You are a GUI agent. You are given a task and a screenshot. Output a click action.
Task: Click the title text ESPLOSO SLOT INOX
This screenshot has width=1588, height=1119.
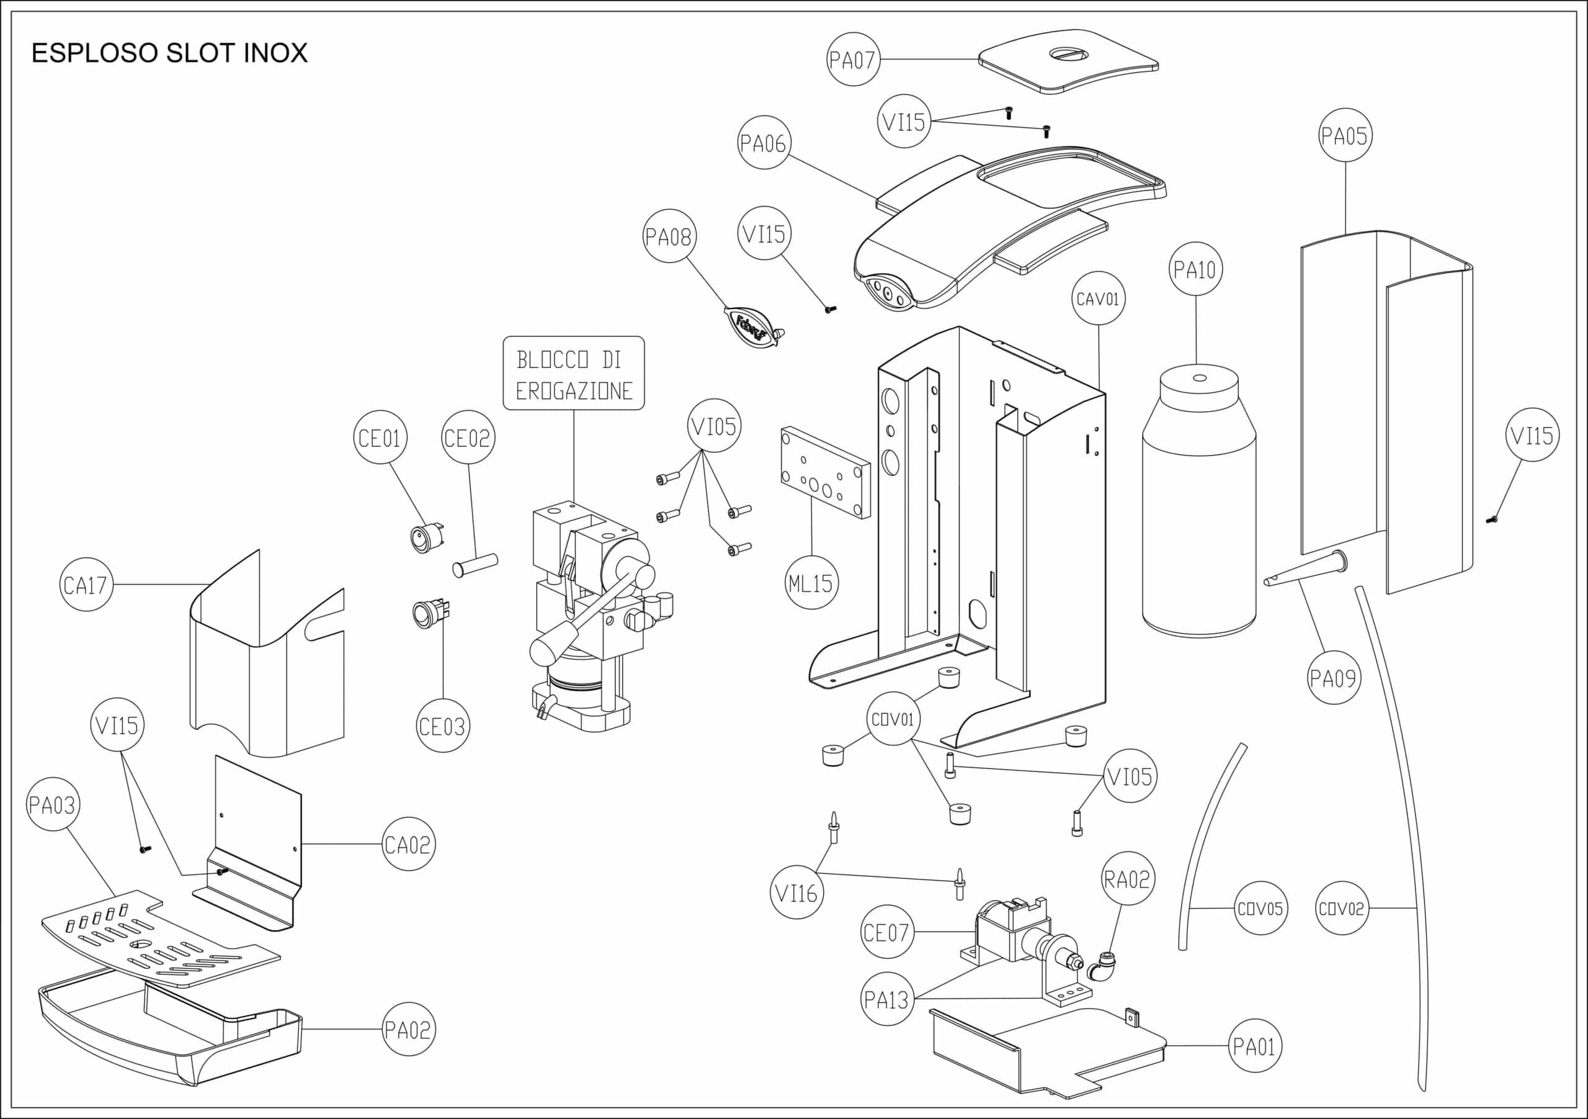point(169,53)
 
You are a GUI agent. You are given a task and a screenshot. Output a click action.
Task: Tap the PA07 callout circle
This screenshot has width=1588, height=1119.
point(853,60)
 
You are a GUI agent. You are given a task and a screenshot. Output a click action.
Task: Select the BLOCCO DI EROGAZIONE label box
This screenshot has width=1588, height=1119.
point(573,374)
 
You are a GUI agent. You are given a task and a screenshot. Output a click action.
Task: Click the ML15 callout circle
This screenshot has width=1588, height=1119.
point(811,583)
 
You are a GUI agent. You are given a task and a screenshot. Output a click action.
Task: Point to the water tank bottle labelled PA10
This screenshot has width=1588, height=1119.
point(1198,512)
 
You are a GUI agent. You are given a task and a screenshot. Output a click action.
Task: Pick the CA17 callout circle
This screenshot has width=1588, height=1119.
point(86,585)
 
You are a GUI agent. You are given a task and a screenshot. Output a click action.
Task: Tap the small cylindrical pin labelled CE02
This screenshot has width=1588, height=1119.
point(475,564)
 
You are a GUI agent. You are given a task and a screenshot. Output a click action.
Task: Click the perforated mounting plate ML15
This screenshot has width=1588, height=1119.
point(825,473)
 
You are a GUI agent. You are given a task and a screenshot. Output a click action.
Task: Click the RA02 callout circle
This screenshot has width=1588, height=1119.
point(1127,879)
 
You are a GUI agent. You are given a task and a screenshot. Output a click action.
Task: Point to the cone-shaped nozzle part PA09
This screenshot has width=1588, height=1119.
point(1306,570)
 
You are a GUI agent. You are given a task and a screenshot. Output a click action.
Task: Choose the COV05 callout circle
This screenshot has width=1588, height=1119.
point(1260,909)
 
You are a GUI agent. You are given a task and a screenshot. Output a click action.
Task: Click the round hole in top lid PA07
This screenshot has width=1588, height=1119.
point(1069,54)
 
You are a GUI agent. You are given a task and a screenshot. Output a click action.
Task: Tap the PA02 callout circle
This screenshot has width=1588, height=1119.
point(408,1029)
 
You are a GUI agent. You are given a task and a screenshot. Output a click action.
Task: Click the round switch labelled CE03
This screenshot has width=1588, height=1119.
point(424,613)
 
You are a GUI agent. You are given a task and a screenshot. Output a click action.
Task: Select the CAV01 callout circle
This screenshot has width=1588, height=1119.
point(1099,299)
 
